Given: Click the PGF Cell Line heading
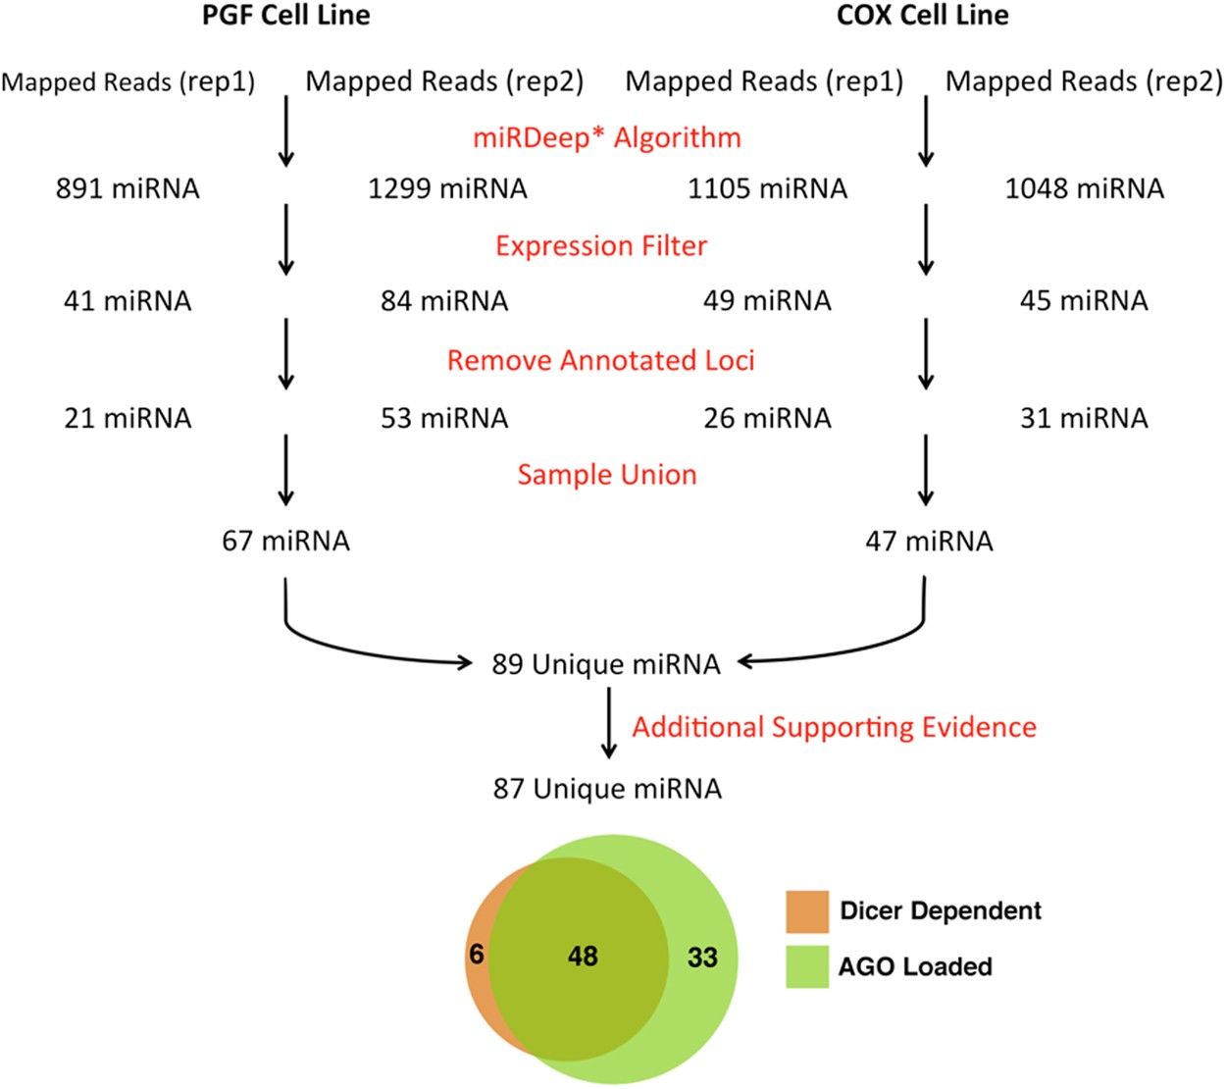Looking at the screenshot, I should pos(286,16).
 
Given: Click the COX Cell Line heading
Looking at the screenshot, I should pos(922,16).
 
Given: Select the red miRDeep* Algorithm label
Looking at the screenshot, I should pos(607,137).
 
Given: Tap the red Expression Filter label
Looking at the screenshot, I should pos(601,245).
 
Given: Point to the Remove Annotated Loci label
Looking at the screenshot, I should pos(600,360).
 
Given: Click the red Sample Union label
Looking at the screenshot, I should pos(607,475).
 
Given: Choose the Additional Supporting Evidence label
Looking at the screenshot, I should pos(834,727).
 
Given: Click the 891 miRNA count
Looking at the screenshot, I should pos(128,188).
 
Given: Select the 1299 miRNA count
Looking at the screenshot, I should pos(447,188).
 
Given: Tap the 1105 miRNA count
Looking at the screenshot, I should pos(767,188).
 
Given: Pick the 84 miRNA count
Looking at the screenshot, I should pos(444,300).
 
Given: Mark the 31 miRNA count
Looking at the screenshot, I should pos(1084,418).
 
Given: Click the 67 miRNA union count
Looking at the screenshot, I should pos(285,541).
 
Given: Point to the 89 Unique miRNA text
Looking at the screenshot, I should pos(606,664).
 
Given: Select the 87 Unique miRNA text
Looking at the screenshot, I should pos(607,789).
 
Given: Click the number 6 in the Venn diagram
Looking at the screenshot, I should pos(477,954).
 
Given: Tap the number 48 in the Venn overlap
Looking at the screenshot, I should pos(583,956).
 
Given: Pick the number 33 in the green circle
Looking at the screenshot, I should pos(702,957).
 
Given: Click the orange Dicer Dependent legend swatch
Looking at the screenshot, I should pos(807,911).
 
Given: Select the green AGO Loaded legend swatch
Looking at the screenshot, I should pos(807,966).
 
